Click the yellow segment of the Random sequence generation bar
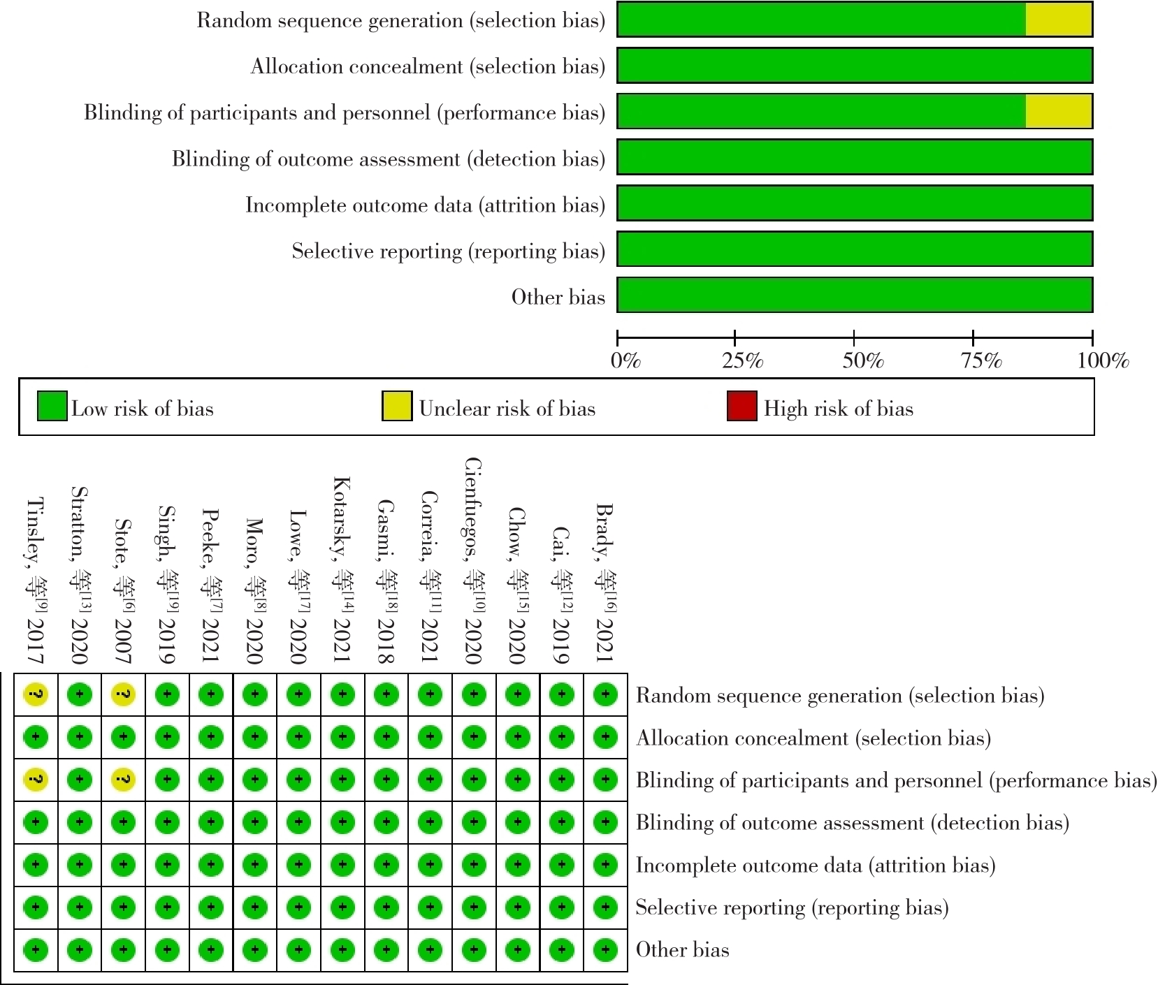point(1058,20)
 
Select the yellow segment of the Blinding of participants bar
point(1058,112)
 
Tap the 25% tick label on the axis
point(742,360)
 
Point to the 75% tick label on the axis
point(981,360)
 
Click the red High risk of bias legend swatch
point(741,407)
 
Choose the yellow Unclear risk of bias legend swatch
point(396,407)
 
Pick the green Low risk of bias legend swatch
point(52,407)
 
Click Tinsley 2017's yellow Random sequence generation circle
point(36,694)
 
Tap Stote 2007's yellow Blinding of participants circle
point(123,780)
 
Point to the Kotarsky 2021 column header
point(342,569)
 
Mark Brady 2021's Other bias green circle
point(605,950)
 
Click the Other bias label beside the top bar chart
point(558,297)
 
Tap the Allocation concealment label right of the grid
point(813,738)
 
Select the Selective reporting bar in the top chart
point(854,249)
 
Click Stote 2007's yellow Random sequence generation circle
point(123,694)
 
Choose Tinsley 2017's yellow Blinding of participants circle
point(36,780)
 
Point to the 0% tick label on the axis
point(625,360)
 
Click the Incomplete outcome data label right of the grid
point(815,866)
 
